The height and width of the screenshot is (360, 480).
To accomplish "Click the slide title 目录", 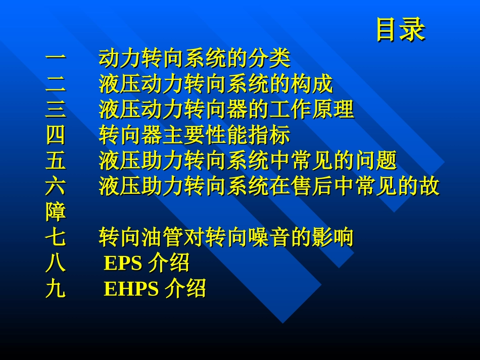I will pos(400,30).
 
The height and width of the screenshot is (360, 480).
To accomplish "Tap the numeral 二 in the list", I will pos(56,85).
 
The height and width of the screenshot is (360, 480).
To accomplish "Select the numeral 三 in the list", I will pos(56,110).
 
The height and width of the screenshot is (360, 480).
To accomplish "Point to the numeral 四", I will pos(56,136).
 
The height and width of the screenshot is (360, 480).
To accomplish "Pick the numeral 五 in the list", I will pos(56,161).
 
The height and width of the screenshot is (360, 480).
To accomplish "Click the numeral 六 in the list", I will pos(56,187).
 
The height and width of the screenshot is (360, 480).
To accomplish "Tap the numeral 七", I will pos(56,237).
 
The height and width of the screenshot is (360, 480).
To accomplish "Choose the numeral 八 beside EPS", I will pos(56,263).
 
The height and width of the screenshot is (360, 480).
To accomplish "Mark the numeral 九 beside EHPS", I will pos(56,289).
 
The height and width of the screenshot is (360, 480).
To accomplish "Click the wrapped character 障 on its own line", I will pos(56,212).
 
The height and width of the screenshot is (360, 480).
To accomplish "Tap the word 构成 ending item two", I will pos(312,85).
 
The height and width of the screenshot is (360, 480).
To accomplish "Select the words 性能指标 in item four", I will pos(248,136).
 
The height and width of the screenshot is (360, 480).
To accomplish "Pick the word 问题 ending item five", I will pos(375,161).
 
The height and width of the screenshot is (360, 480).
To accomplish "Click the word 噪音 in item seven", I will pos(269,237).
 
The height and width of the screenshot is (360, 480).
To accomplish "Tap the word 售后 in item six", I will pos(291,187).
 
